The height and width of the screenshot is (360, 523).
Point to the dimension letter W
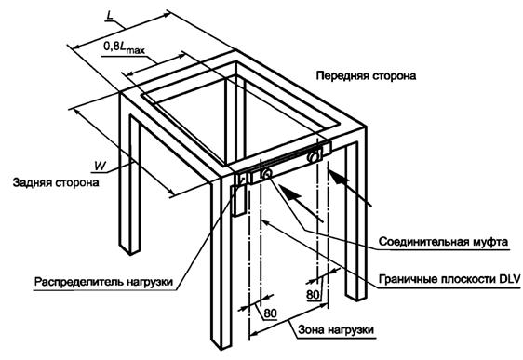(98, 165)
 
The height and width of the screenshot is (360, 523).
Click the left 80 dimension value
(270, 313)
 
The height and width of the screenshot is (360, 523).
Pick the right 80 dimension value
(314, 293)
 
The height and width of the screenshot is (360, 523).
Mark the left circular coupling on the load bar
(266, 174)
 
